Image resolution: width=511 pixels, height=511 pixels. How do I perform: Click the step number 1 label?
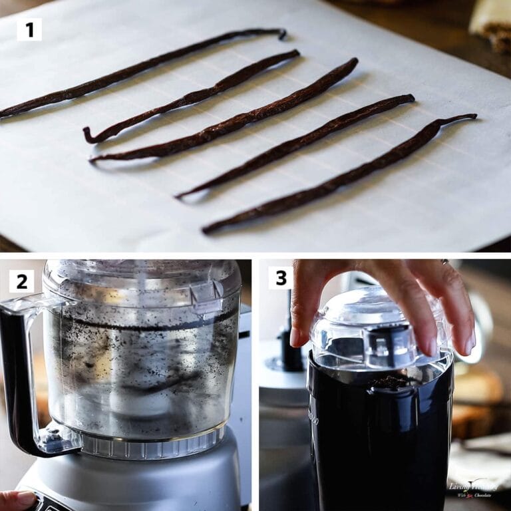pos(29,29)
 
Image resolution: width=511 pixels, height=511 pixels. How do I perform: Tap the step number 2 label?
pos(21,281)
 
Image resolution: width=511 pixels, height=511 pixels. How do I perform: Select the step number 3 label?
pos(280,277)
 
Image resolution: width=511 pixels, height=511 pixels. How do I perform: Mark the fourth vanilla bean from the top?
pos(299,143)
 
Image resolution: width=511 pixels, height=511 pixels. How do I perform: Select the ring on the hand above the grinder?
pos(444,262)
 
